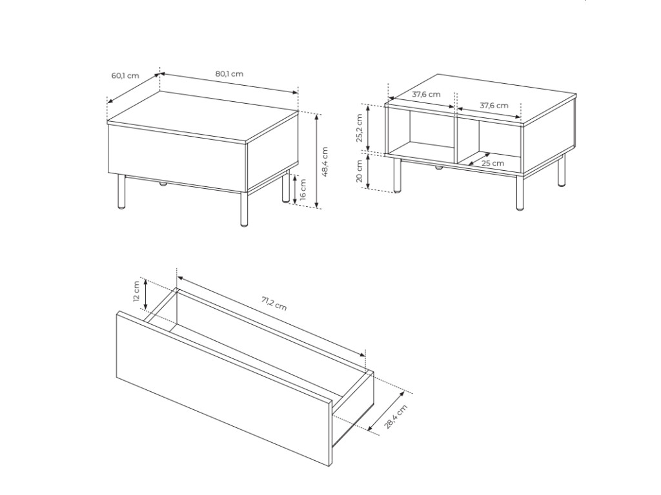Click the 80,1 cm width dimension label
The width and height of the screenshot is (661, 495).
pyautogui.click(x=229, y=73)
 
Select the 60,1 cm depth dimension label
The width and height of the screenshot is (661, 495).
pyautogui.click(x=125, y=76)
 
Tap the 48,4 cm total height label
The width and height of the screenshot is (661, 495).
pyautogui.click(x=325, y=162)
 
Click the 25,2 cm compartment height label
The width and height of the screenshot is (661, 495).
pyautogui.click(x=360, y=128)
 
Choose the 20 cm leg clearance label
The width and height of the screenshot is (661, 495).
pyautogui.click(x=360, y=171)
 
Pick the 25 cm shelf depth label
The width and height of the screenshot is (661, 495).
pyautogui.click(x=493, y=163)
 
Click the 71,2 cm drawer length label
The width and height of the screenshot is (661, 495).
pyautogui.click(x=274, y=304)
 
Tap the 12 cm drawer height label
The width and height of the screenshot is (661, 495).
pyautogui.click(x=136, y=291)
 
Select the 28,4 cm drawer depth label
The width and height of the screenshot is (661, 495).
pyautogui.click(x=396, y=416)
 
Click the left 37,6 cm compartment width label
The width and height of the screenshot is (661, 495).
pyautogui.click(x=426, y=94)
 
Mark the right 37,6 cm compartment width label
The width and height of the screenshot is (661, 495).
pyautogui.click(x=494, y=105)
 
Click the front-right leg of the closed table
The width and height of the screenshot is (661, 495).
pyautogui.click(x=243, y=209)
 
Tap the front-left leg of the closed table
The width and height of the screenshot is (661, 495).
pyautogui.click(x=121, y=191)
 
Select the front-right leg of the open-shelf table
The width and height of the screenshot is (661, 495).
pyautogui.click(x=520, y=192)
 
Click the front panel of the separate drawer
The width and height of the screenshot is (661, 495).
pyautogui.click(x=224, y=388)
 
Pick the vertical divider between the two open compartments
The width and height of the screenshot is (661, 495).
pyautogui.click(x=455, y=138)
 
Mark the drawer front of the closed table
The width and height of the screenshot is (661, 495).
pyautogui.click(x=177, y=159)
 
